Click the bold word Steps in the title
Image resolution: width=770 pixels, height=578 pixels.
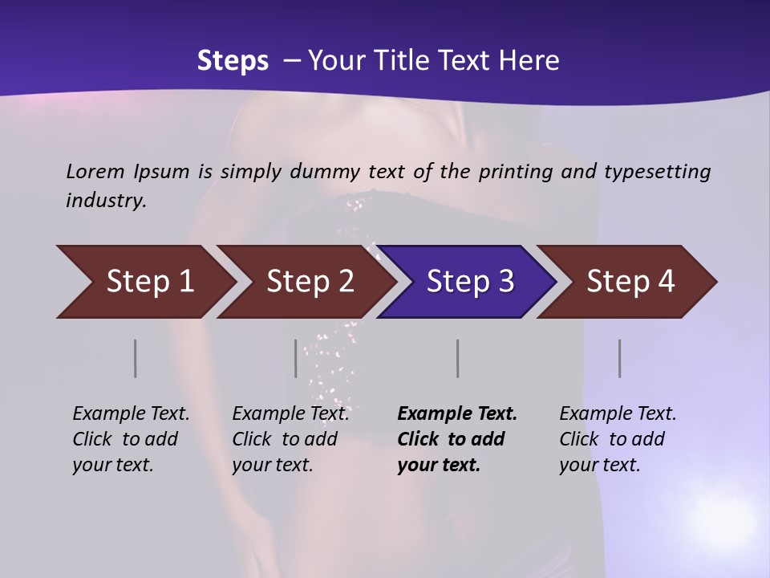233,61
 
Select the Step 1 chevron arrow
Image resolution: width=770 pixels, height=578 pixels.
144,282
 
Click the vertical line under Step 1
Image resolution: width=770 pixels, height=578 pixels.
136,358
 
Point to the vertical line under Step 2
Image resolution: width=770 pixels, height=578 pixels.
296,358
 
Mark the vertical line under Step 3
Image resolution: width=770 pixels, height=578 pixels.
457,358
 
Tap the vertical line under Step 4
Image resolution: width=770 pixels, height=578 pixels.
619,358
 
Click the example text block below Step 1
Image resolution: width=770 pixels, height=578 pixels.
131,439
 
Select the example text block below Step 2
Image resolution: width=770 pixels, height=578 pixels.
290,439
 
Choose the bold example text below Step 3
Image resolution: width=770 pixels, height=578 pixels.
457,439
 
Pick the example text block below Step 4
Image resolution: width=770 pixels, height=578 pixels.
618,439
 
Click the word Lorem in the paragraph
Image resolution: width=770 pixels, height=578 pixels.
95,172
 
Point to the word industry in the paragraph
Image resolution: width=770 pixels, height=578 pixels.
106,201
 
